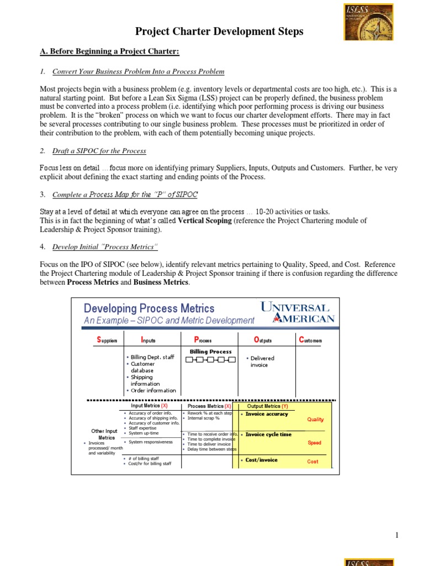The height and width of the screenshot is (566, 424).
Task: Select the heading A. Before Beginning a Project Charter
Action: point(110,51)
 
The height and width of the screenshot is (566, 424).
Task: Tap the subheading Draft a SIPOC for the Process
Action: point(99,151)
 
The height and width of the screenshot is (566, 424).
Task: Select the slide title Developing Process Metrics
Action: point(149,308)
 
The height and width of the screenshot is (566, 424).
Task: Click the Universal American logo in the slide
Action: point(297,312)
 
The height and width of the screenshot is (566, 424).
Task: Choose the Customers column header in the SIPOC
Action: point(310,340)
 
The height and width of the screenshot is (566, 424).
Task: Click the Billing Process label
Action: point(210,352)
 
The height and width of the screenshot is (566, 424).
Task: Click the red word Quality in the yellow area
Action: point(315,420)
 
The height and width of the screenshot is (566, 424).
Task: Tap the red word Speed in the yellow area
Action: point(314,443)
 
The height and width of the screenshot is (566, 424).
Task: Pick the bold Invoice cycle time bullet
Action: point(268,434)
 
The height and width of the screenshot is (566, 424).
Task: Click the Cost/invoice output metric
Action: point(261,460)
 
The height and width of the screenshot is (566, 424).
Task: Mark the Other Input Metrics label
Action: point(104,434)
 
